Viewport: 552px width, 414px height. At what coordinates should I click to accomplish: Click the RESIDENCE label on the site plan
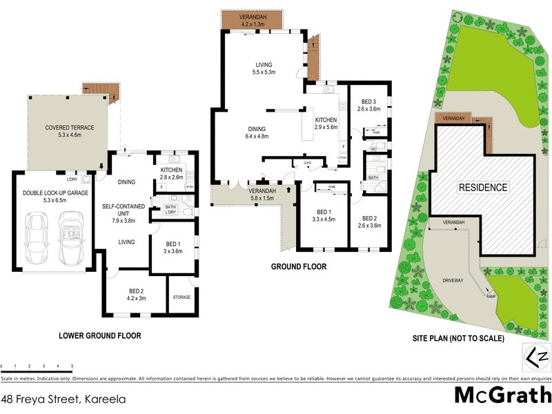pyautogui.click(x=484, y=187)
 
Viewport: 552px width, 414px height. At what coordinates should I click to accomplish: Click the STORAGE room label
pyautogui.click(x=181, y=297)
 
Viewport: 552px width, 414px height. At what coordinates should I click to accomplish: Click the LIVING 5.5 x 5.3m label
pyautogui.click(x=264, y=68)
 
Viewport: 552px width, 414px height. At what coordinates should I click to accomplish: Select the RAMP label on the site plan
pyautogui.click(x=491, y=296)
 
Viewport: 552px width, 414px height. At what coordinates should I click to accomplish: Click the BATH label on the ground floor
pyautogui.click(x=373, y=177)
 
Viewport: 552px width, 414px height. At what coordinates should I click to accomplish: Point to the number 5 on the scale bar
pyautogui.click(x=72, y=366)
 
